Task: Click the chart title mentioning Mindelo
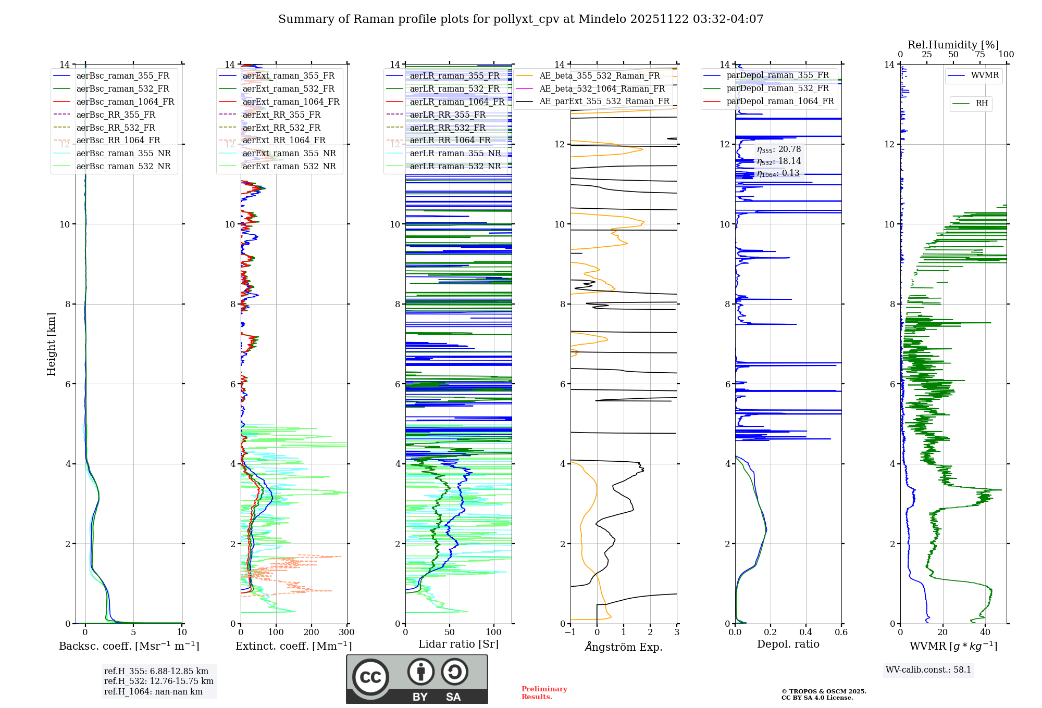coord(520,19)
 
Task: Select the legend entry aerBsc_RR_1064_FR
coord(118,141)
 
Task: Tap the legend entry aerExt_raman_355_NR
coord(289,154)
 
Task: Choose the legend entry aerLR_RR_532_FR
coord(447,128)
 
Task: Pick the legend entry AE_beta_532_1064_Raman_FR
coord(602,89)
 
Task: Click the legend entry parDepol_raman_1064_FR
coord(780,102)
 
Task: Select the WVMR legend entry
coord(985,75)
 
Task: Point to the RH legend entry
coord(982,104)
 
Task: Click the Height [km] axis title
coord(51,344)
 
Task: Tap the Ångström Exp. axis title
coord(624,647)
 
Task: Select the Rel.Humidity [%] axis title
coord(953,45)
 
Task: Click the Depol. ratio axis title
coord(788,644)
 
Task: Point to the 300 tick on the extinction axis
coord(347,633)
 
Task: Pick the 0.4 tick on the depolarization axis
coord(806,633)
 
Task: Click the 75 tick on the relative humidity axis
coord(980,55)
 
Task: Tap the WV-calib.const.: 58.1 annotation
coord(928,670)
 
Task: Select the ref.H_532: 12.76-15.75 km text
coord(158,681)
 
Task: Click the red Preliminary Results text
coord(544,693)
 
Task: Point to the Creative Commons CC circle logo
coord(370,677)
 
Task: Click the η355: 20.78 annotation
coord(778,150)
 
